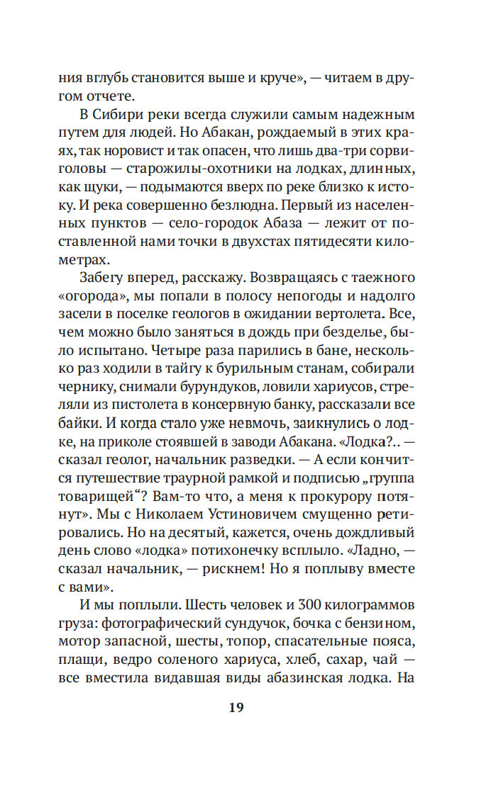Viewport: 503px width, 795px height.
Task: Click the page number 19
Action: [x=237, y=707]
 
